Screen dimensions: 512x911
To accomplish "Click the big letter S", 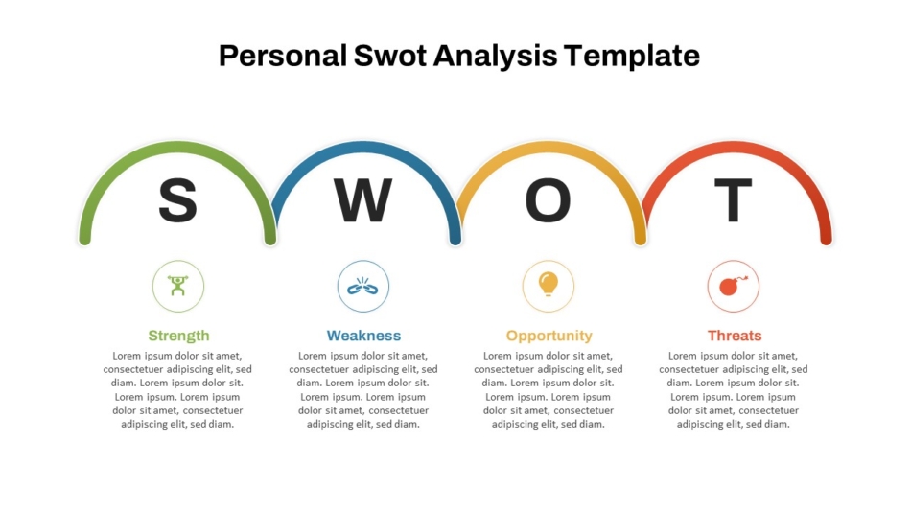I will (x=177, y=200).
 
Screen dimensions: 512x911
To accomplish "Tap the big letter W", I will (x=362, y=200).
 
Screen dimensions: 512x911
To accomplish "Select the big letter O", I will (x=548, y=200).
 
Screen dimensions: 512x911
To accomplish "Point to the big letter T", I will (x=733, y=200).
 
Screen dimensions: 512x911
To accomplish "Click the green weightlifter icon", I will (x=177, y=286).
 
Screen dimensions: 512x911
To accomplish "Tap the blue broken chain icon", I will (x=362, y=286).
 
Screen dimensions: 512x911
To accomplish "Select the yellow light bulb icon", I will (x=548, y=285).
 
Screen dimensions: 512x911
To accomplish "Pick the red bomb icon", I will (x=733, y=286).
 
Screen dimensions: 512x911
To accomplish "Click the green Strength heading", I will (x=178, y=336).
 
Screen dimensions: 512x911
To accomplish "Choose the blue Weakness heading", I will (x=363, y=336).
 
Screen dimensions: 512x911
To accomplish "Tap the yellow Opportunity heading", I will (x=549, y=336).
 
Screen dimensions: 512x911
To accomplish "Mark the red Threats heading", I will (x=735, y=336).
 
